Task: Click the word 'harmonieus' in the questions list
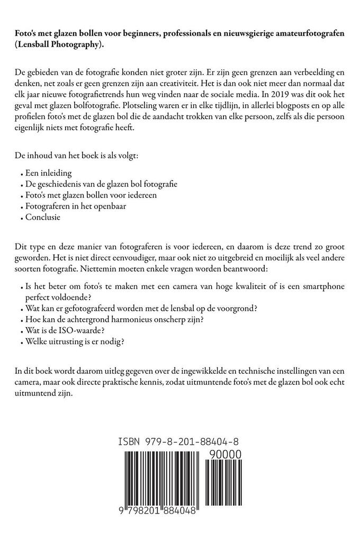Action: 137,319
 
